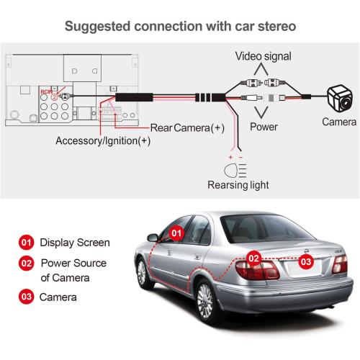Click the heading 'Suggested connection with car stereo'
pos(179,27)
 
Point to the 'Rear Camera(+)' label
pos(188,128)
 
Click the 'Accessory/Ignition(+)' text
pos(103,141)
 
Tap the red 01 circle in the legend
pos(26,243)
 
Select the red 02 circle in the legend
pos(26,264)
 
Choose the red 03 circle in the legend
pos(26,296)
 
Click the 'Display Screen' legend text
pos(74,243)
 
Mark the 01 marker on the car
pos(177,234)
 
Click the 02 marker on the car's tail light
pos(253,257)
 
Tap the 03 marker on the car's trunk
pos(306,261)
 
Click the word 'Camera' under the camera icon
pos(339,122)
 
